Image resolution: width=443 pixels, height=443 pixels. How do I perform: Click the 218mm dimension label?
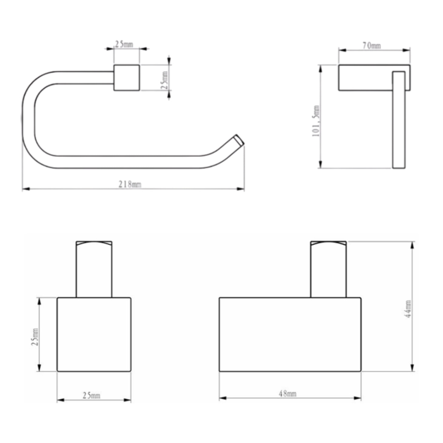point(130,184)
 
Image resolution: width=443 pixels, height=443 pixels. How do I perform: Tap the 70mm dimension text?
point(372,46)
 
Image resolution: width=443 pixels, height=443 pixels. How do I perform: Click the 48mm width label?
point(287,394)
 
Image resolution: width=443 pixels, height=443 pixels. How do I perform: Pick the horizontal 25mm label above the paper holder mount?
point(124,44)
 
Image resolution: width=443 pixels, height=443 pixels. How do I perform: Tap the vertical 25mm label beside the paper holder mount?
point(164,80)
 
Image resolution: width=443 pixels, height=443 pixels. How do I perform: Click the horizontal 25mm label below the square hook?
point(91,395)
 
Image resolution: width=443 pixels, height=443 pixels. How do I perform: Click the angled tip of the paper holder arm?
point(239,140)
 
